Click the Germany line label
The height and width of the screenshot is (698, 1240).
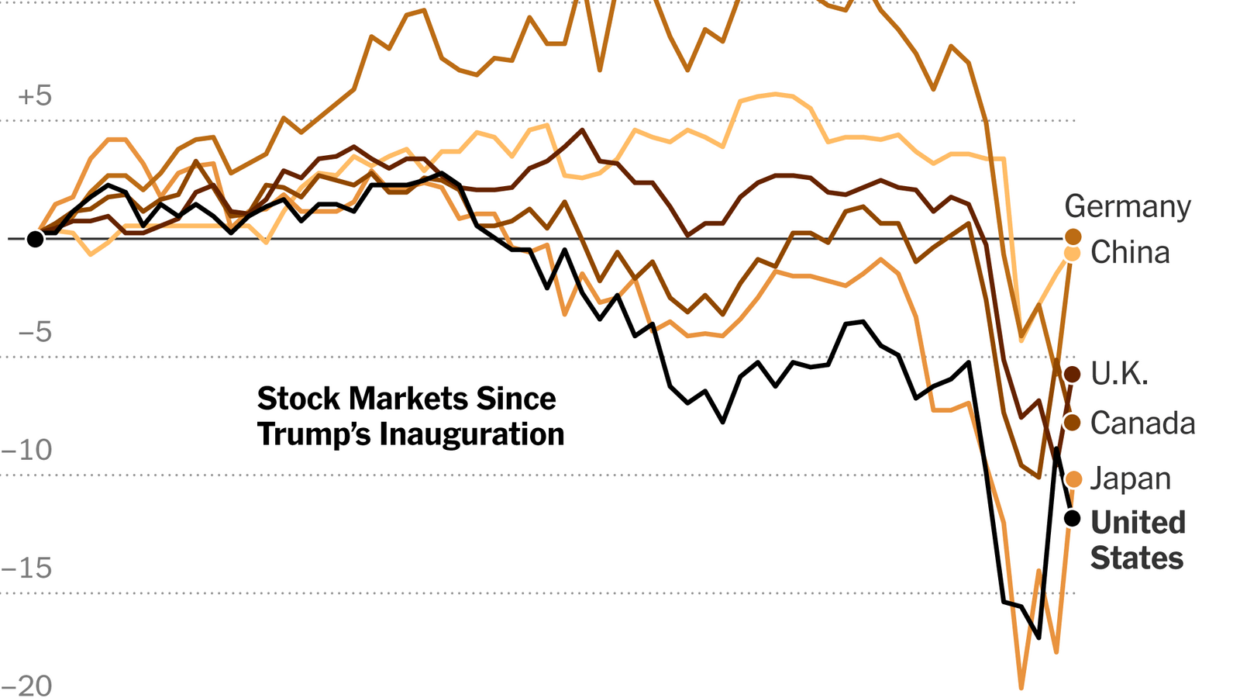[1127, 207]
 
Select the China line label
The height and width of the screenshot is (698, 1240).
[1130, 253]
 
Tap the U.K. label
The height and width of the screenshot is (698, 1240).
[1119, 374]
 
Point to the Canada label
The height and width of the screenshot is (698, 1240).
[1142, 423]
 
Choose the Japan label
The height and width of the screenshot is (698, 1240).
[1130, 479]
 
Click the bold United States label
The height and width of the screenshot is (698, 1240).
[1138, 540]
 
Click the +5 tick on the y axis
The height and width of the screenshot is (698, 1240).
[35, 97]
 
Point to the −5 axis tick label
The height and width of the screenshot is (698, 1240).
[35, 333]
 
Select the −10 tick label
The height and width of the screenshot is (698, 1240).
[27, 451]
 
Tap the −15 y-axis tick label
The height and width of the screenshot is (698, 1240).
[27, 568]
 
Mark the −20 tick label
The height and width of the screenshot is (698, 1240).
[27, 686]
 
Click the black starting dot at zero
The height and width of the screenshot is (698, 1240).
[35, 239]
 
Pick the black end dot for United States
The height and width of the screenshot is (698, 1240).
[1073, 518]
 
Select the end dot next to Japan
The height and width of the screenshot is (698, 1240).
[1073, 479]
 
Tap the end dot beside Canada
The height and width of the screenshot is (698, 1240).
[1073, 423]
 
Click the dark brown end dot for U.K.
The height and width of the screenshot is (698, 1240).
[1073, 375]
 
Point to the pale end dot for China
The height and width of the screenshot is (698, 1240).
[1073, 253]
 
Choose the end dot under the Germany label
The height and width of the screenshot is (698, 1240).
[1073, 237]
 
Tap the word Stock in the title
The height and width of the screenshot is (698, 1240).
[298, 399]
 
